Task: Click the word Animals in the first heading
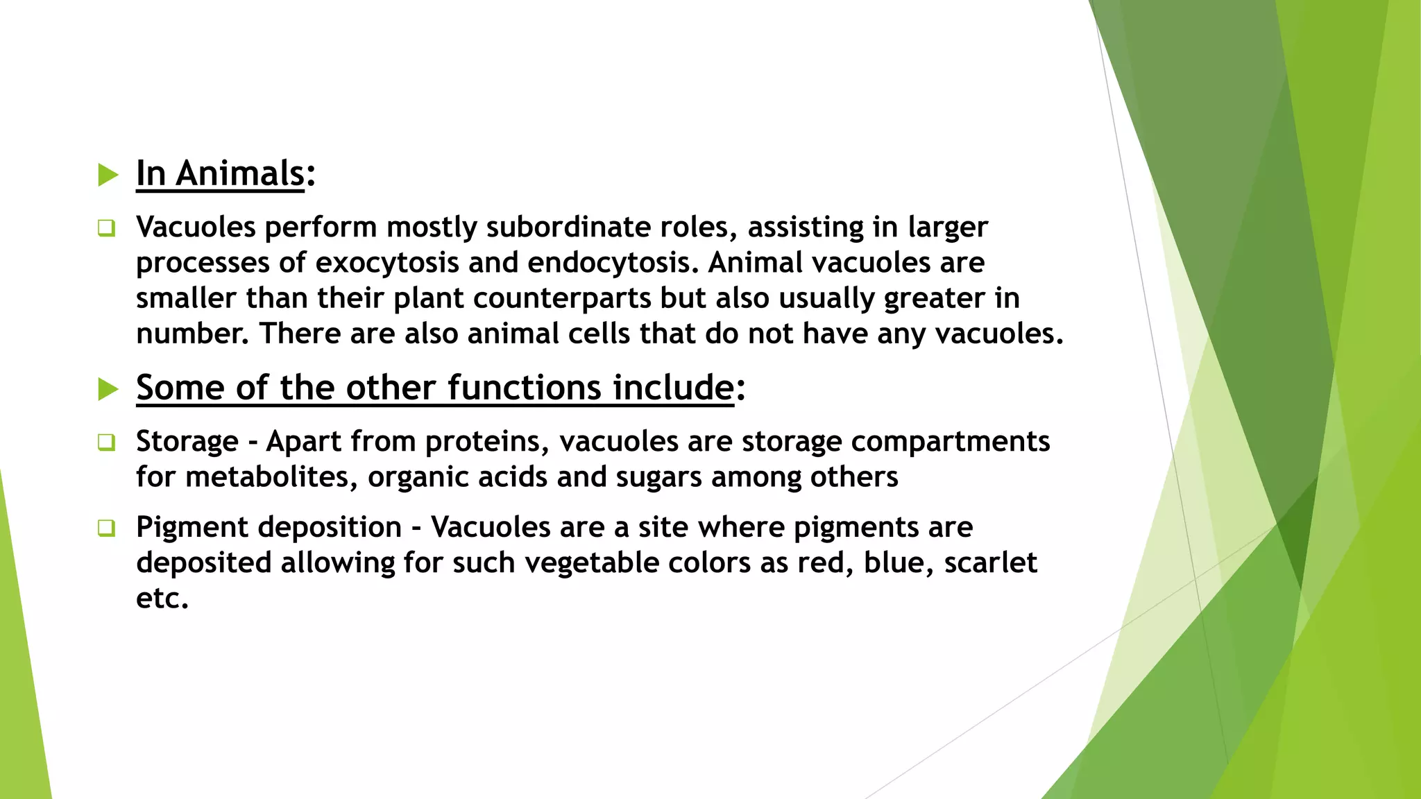tap(240, 173)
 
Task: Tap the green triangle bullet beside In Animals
tap(108, 174)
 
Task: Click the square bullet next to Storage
tap(106, 442)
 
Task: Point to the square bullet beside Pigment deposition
tap(106, 528)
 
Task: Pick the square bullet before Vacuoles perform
tap(106, 227)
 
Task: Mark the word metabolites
tap(271, 478)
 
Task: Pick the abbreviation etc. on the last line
tap(162, 599)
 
